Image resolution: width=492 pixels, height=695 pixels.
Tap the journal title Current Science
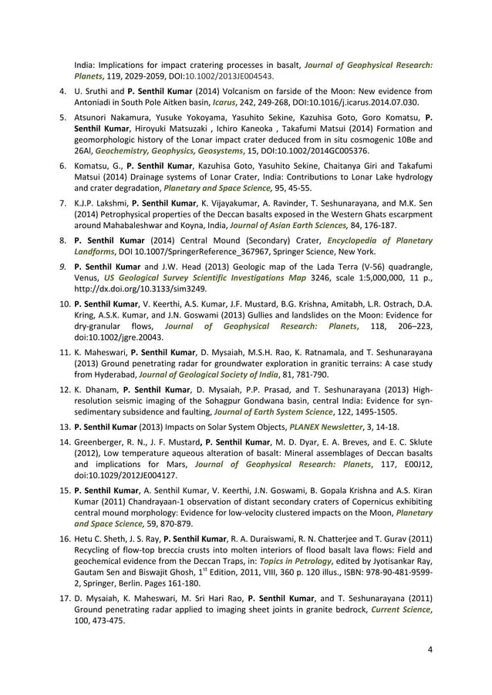click(x=399, y=611)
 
